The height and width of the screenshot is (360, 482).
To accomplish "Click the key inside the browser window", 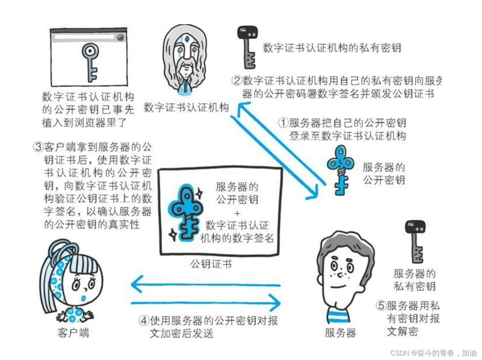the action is tap(90, 62).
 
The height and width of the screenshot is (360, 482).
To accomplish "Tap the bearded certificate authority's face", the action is tap(185, 56).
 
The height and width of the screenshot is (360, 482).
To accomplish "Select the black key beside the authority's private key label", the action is tap(247, 46).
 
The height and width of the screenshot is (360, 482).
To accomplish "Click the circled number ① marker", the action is tap(284, 122).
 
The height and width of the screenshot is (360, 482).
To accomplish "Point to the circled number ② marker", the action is tap(237, 80).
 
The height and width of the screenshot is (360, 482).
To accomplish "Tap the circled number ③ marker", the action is tap(38, 147).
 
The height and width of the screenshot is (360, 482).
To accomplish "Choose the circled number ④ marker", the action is tap(144, 320).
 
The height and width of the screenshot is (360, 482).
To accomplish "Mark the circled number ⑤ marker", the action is tap(381, 306).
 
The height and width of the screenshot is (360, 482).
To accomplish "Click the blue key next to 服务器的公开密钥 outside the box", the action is tap(340, 170).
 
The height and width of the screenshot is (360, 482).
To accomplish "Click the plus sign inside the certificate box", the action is tap(237, 213).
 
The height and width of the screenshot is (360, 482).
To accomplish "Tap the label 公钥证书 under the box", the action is tap(211, 264).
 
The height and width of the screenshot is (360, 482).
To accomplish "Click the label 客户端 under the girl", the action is tap(73, 332).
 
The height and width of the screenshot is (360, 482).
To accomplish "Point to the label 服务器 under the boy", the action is tap(340, 332).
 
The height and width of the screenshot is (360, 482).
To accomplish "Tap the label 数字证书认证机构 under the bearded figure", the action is tap(186, 107).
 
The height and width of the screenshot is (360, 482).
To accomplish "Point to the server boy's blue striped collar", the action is tap(338, 316).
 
